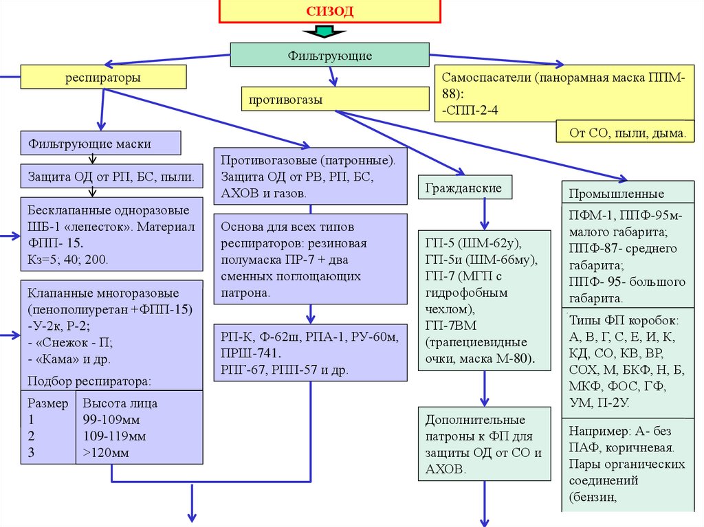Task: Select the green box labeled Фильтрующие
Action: pos(331,56)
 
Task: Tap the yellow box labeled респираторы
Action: pos(103,78)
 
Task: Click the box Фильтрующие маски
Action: pos(100,144)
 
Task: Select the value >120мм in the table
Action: pos(106,453)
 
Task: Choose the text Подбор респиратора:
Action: pos(89,381)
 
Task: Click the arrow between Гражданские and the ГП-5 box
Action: pos(485,214)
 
